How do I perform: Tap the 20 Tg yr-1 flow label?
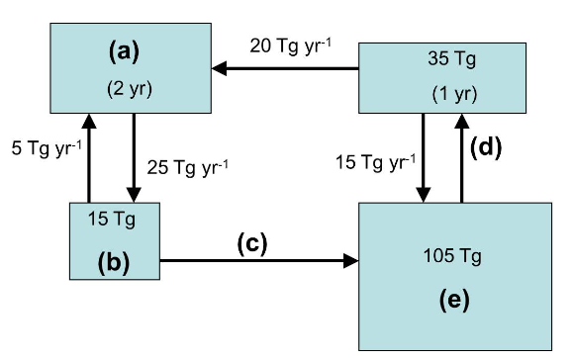[x=290, y=46]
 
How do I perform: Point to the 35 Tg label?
[x=449, y=58]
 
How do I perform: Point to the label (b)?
[x=116, y=264]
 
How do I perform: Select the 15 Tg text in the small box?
[x=116, y=217]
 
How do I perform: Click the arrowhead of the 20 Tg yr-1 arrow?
[x=220, y=68]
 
